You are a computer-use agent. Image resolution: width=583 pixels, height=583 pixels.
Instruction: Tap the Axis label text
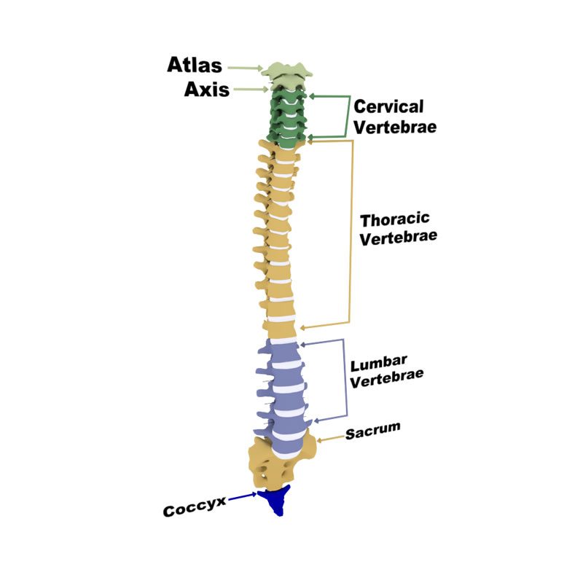[x=207, y=90]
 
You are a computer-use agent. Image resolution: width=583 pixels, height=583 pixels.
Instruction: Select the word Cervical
[x=388, y=106]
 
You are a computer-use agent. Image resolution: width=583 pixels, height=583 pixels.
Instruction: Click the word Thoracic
[x=396, y=219]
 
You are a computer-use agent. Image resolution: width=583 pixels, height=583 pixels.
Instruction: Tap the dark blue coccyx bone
[x=277, y=500]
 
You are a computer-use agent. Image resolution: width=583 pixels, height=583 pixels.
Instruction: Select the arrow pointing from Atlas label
[x=246, y=68]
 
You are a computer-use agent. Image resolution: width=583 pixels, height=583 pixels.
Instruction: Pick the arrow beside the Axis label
[x=251, y=90]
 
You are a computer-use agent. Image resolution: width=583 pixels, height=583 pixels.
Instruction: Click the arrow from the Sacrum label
[x=329, y=438]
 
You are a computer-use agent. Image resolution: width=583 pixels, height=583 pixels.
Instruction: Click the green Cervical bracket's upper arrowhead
[x=313, y=95]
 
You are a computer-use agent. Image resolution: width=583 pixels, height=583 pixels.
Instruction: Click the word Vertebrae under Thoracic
[x=399, y=237]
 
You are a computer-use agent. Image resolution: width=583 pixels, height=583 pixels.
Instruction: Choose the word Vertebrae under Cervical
[x=396, y=126]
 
